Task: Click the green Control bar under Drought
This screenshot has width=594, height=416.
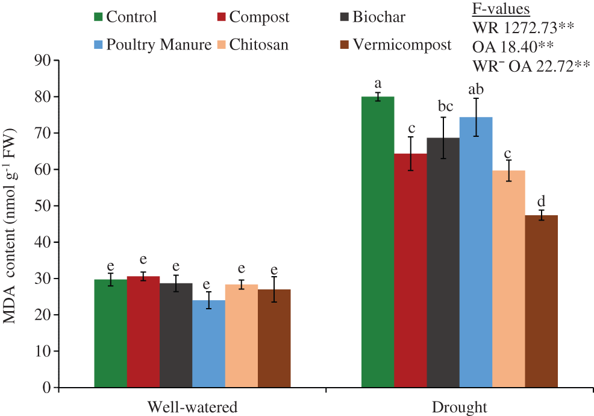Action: [378, 241]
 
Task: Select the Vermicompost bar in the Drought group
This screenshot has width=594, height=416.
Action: [541, 301]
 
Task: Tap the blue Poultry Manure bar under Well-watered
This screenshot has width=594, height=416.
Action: [208, 344]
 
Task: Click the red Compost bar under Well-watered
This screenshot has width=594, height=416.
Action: [143, 332]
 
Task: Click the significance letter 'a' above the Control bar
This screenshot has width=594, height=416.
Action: [378, 83]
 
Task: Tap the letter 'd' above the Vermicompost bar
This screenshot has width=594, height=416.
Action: [541, 201]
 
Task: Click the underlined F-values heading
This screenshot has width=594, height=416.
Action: [501, 9]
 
